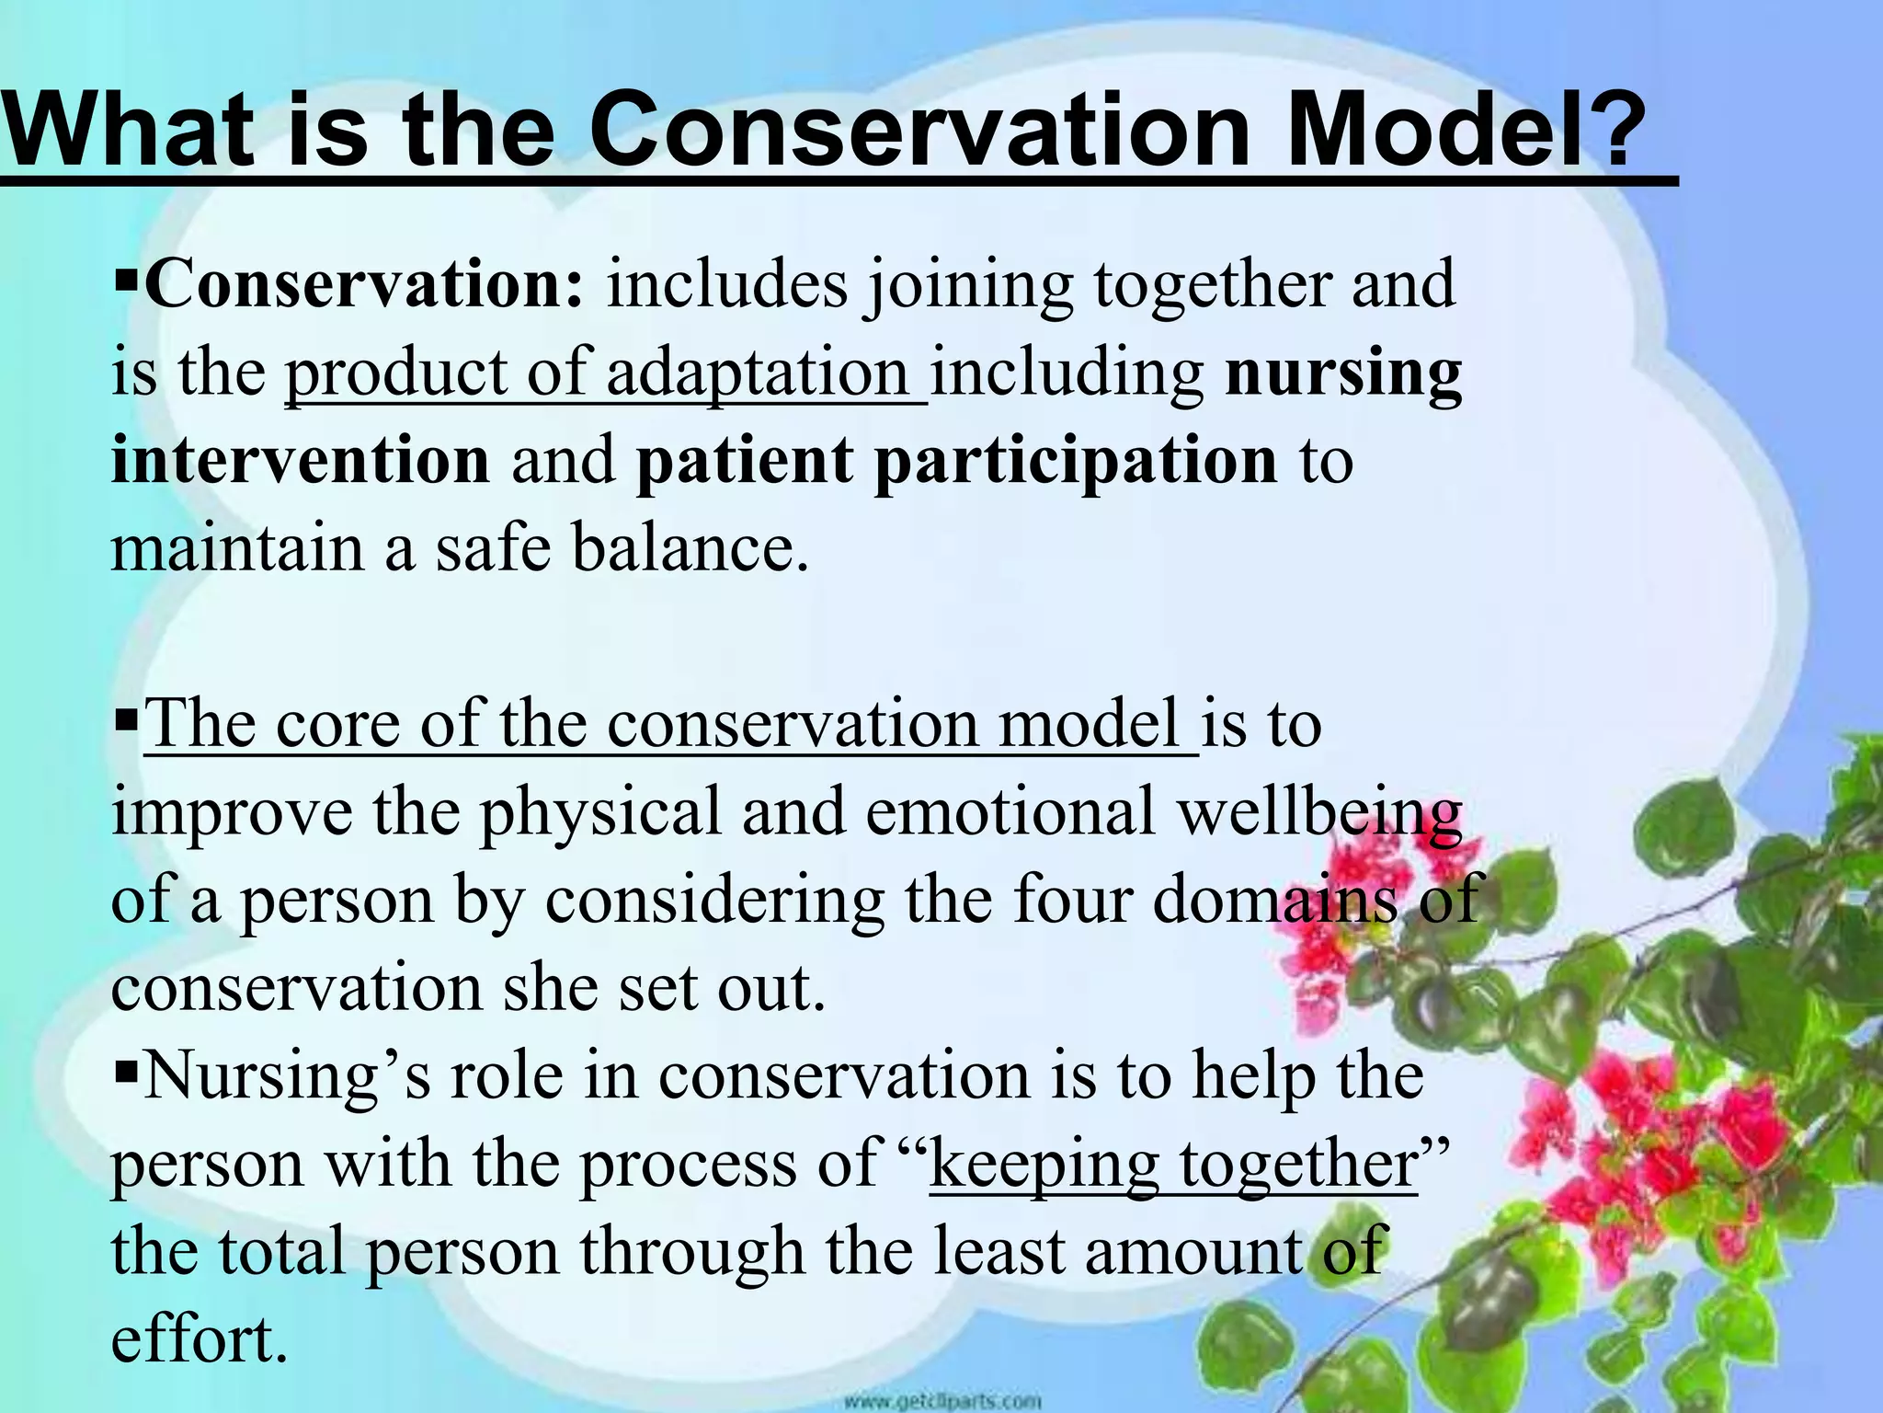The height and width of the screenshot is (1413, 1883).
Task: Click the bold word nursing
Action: [1343, 373]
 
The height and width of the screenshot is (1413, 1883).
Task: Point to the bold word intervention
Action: [301, 460]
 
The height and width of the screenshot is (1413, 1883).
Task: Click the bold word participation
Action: [1076, 460]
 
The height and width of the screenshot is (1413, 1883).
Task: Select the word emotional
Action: [1010, 812]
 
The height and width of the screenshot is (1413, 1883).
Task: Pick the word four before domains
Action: [1070, 900]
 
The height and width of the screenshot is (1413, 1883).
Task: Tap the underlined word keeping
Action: [1044, 1164]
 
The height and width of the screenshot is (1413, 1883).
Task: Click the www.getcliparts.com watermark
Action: [941, 1401]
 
